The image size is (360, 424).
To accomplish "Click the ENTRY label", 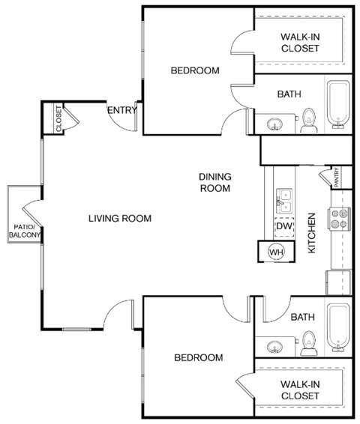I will click(122, 111).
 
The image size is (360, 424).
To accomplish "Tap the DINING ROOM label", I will click(215, 182).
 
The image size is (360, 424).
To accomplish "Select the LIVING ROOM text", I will click(120, 219).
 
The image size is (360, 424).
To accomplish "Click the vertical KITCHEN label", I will click(312, 232).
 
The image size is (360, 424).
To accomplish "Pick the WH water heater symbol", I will click(276, 252).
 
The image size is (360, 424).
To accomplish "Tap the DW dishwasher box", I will click(283, 226).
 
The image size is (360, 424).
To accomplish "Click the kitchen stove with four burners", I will click(340, 218).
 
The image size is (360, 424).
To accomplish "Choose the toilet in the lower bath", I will click(308, 345).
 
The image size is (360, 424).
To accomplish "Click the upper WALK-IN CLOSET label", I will click(300, 43).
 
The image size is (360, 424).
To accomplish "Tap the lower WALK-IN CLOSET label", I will click(300, 390).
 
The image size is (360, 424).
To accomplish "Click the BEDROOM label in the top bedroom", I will click(195, 71).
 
